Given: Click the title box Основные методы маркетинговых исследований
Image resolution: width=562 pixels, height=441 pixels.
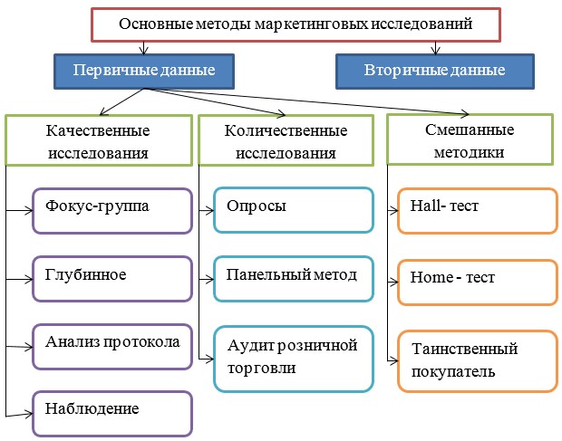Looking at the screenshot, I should point(296,24).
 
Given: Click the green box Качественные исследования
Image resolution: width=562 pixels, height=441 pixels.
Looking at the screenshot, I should point(97,139).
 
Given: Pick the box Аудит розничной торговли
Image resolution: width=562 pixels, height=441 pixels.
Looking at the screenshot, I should point(294,357).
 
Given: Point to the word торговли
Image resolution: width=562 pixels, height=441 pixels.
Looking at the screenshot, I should point(261,369).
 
